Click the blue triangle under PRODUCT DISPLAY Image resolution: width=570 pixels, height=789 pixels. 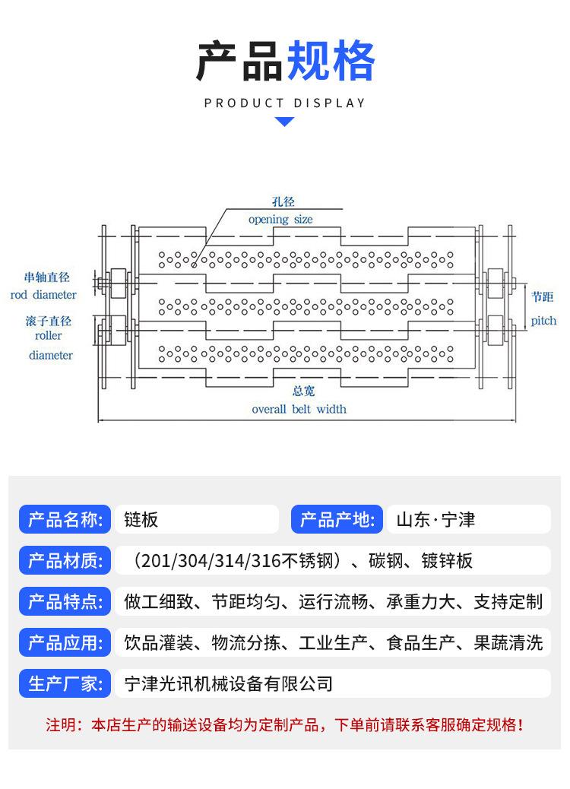(284, 121)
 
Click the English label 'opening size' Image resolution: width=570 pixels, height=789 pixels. (280, 219)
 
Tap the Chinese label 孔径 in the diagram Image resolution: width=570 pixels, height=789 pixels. (283, 202)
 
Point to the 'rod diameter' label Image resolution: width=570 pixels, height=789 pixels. (43, 294)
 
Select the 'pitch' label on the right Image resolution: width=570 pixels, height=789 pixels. (543, 321)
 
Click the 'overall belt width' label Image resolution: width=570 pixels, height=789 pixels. (299, 409)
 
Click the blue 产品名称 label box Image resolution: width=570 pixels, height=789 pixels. (65, 520)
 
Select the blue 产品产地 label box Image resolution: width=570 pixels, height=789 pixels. (337, 520)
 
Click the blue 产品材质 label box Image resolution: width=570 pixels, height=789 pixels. (65, 561)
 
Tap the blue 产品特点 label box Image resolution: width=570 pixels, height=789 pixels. (65, 602)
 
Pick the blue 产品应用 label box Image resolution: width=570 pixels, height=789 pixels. (65, 643)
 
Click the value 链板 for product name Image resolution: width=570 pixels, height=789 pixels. (141, 520)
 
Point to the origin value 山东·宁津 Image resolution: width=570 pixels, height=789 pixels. (435, 520)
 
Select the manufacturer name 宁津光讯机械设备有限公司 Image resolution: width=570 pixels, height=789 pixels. (228, 684)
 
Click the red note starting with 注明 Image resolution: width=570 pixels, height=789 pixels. (284, 724)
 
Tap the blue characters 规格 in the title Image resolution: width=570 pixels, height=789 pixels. (331, 62)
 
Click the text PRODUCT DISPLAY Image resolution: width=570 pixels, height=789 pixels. (284, 103)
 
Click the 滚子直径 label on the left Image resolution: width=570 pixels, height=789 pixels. (48, 322)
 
